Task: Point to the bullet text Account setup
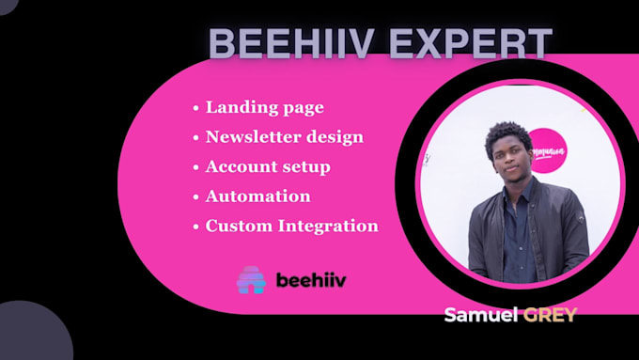268,166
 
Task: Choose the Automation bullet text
257,196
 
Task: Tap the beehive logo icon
251,279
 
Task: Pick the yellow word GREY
552,314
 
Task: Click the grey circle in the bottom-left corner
28,334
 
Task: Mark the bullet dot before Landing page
195,108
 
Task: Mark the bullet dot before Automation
195,197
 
